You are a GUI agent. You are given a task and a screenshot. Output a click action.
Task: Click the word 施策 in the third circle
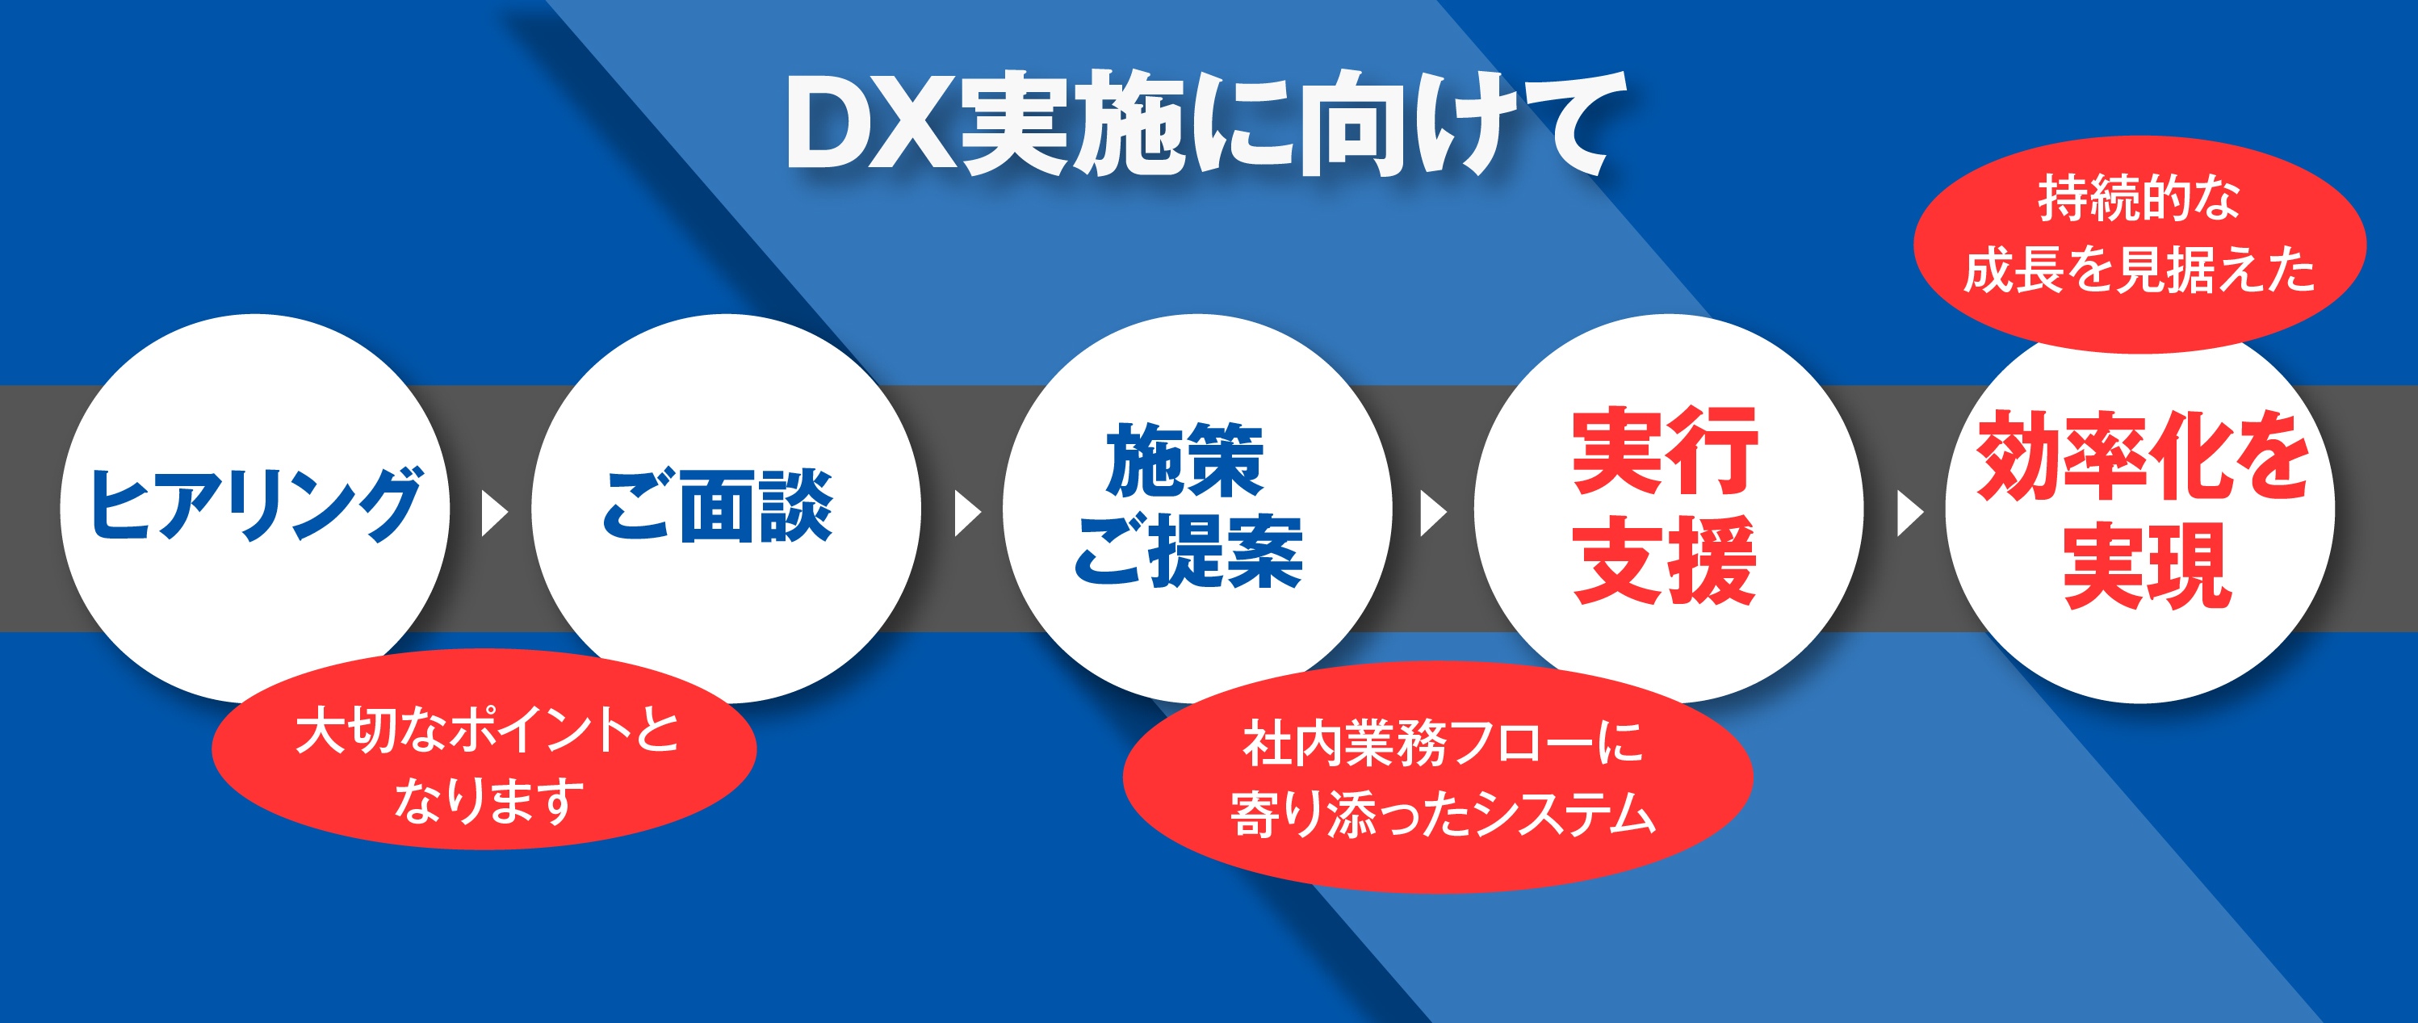point(1184,460)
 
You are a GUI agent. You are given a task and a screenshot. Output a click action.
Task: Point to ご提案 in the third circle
point(1188,551)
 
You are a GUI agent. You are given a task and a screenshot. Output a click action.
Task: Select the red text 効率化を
point(2143,456)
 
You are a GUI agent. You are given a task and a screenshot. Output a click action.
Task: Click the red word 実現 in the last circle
point(2147,567)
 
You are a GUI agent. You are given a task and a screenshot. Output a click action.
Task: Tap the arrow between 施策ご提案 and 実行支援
point(1432,513)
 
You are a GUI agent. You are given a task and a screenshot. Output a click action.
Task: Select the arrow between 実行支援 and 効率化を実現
point(1909,513)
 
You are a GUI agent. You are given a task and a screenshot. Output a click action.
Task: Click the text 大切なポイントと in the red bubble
point(487,730)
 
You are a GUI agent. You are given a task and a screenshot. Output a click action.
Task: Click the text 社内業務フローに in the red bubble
point(1443,742)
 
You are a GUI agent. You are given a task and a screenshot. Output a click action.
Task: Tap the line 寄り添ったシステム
point(1443,813)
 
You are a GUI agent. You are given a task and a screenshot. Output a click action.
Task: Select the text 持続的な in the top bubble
point(2139,198)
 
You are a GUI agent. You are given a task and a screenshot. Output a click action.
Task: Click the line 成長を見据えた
point(2139,270)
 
